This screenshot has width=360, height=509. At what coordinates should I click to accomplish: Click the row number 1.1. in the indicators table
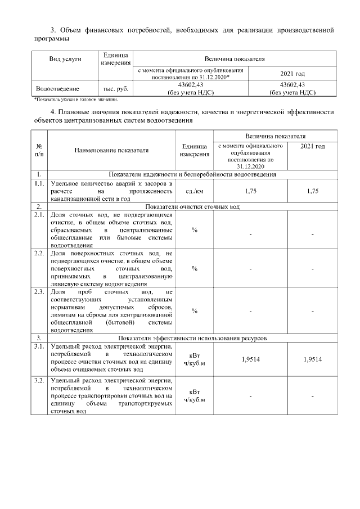(x=39, y=183)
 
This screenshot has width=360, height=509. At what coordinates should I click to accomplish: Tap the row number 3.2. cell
(x=39, y=381)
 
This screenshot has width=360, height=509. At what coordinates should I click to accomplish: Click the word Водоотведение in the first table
(x=57, y=89)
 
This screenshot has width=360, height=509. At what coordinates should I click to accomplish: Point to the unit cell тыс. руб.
(x=116, y=89)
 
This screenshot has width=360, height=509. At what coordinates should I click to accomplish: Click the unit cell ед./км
(x=194, y=191)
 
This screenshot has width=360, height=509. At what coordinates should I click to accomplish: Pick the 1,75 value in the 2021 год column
(x=312, y=191)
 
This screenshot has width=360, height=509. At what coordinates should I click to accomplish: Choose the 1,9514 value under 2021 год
(x=312, y=359)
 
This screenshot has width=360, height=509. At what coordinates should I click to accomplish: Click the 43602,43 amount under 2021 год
(x=292, y=85)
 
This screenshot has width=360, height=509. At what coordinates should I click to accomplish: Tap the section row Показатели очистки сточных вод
(x=192, y=206)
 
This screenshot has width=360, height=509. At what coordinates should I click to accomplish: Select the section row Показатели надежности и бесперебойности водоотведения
(x=192, y=175)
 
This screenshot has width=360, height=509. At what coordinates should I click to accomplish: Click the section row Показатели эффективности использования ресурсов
(x=192, y=338)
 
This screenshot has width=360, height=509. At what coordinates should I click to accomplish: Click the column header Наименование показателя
(x=111, y=150)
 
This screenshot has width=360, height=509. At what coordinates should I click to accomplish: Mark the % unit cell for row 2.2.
(x=194, y=268)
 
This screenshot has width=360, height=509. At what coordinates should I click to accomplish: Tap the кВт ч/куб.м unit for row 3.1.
(x=194, y=359)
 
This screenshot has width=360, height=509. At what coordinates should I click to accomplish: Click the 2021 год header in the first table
(x=292, y=74)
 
